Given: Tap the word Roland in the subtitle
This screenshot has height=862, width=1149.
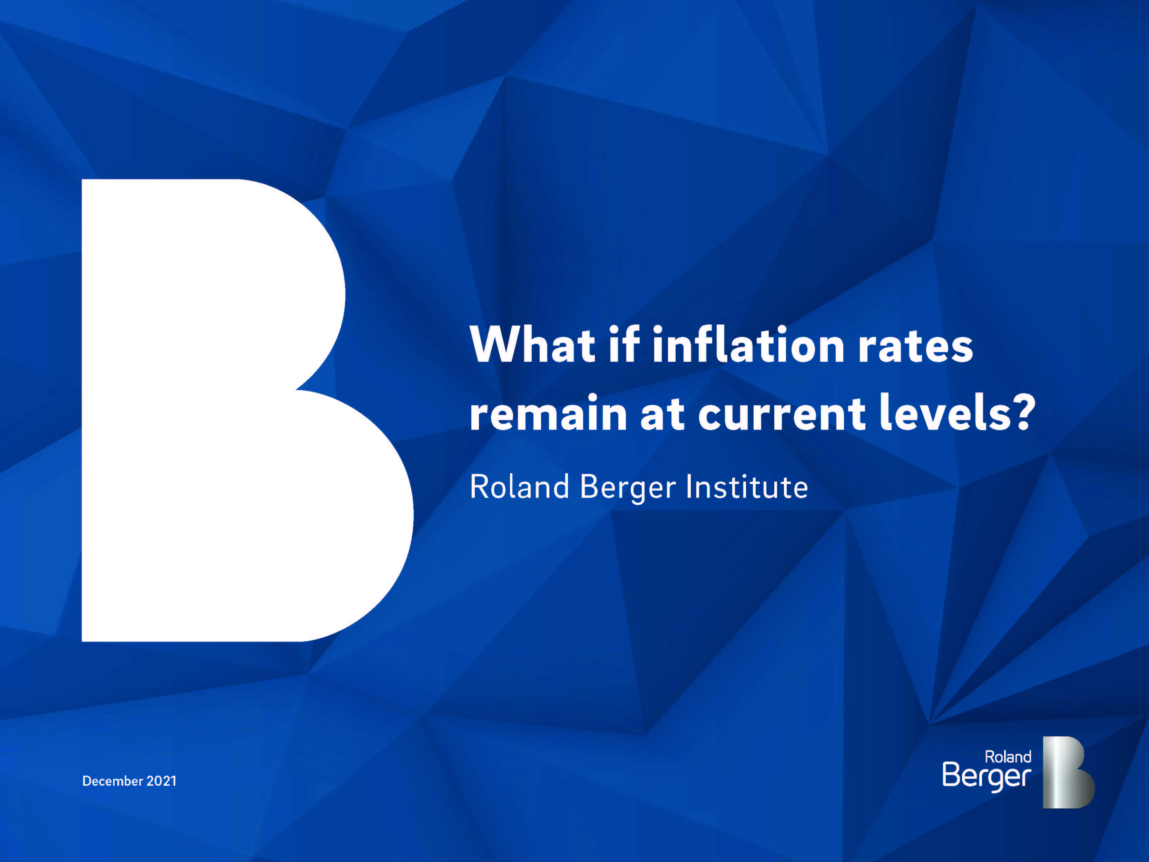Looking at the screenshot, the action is (519, 487).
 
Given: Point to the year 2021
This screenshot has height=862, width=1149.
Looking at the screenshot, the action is (161, 781).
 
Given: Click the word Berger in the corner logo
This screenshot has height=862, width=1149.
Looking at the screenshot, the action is (986, 776).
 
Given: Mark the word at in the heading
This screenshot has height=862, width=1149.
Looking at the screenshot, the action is (662, 415).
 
